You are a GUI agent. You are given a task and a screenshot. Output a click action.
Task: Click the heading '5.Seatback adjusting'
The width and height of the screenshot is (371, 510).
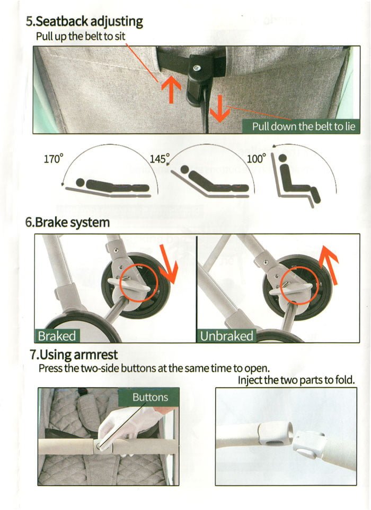click(85, 22)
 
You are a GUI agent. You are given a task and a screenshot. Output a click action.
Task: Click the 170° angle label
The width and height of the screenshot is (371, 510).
click(53, 158)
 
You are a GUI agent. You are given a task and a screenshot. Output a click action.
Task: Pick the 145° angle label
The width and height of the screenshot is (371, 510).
click(160, 158)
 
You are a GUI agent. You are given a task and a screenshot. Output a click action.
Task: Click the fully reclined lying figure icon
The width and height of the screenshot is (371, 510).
click(111, 186)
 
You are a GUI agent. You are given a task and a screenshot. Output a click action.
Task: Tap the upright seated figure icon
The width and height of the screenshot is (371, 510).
click(297, 183)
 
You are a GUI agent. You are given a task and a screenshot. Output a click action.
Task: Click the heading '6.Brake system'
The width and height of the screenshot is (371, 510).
click(68, 222)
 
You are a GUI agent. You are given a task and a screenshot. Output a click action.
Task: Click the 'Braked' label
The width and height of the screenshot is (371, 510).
click(57, 335)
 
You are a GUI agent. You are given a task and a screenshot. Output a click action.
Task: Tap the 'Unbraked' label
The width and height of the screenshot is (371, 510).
click(226, 335)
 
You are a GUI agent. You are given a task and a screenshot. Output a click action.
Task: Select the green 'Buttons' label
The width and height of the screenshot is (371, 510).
click(150, 397)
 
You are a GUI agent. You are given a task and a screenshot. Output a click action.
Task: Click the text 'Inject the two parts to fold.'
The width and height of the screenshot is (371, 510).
click(296, 380)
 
